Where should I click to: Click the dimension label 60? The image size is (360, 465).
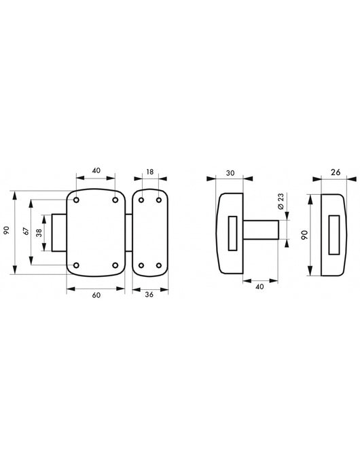coord(96,295)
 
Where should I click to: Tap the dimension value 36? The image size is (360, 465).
coord(149,295)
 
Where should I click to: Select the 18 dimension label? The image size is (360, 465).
coord(150,172)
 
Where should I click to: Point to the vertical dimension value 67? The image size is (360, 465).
coord(26,231)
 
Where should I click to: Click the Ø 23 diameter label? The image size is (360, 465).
coord(281,202)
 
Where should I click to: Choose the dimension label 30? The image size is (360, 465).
coord(230,173)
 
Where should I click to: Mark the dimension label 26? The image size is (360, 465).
coord(336,172)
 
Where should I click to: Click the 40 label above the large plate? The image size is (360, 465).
coord(96,170)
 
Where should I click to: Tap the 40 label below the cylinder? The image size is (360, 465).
coord(259,286)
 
